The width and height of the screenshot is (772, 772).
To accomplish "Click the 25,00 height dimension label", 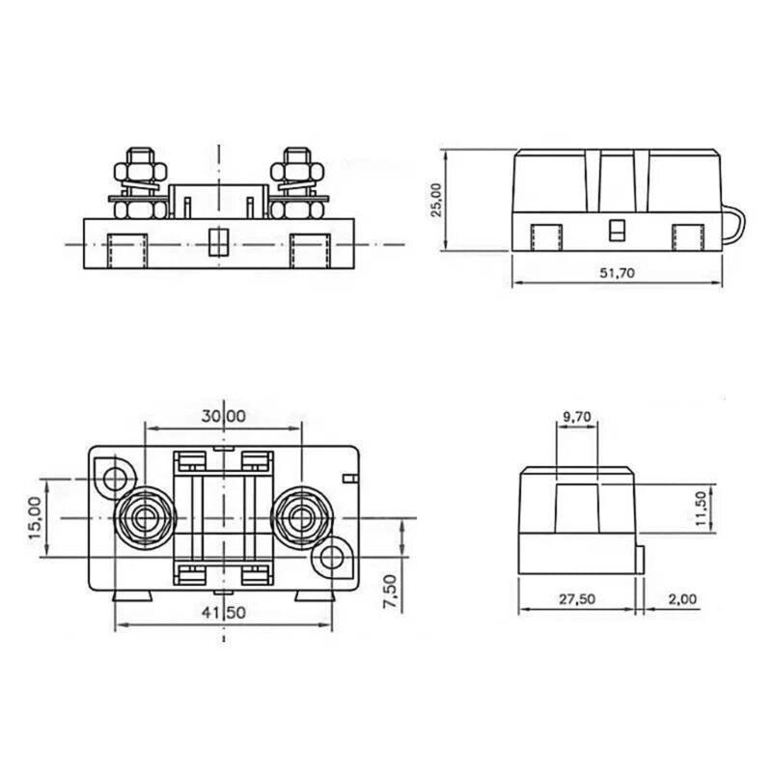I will (x=436, y=201).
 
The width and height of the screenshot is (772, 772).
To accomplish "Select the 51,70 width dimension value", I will (x=617, y=273).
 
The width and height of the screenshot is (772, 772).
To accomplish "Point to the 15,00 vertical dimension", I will (x=35, y=517).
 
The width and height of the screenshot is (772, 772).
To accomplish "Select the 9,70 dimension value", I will (x=576, y=417).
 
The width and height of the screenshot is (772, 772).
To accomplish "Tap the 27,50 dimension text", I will (x=576, y=599).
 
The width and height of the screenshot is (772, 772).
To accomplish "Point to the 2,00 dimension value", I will (x=681, y=599).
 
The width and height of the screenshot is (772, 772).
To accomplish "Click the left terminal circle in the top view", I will (x=144, y=517).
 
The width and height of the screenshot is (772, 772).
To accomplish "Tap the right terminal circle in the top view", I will (x=300, y=517).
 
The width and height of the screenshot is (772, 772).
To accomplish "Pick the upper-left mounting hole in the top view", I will (x=117, y=477).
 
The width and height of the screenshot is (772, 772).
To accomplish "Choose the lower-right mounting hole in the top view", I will (x=331, y=557).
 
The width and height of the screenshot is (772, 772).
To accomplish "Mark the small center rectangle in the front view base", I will (x=217, y=240).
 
